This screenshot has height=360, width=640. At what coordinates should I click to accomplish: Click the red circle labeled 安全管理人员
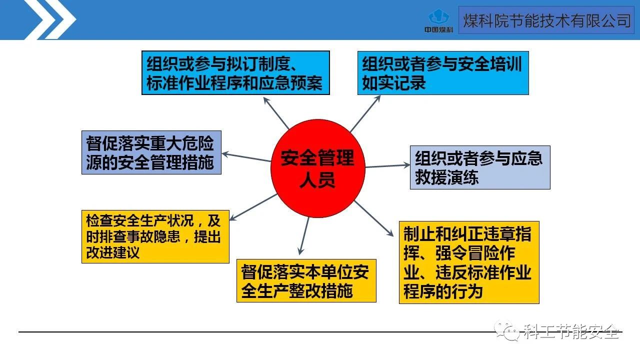pyautogui.click(x=317, y=168)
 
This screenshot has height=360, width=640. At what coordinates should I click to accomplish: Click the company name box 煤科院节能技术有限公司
pyautogui.click(x=546, y=20)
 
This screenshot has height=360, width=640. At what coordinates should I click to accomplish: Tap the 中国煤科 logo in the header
pyautogui.click(x=438, y=21)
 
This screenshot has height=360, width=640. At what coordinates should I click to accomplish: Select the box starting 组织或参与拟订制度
pyautogui.click(x=235, y=72)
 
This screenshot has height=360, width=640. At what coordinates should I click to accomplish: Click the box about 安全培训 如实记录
pyautogui.click(x=443, y=72)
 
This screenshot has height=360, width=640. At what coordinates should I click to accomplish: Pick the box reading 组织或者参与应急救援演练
pyautogui.click(x=479, y=167)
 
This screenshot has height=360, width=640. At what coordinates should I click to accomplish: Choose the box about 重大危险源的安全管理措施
pyautogui.click(x=151, y=152)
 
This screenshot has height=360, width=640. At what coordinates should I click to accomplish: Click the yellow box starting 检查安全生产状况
pyautogui.click(x=155, y=236)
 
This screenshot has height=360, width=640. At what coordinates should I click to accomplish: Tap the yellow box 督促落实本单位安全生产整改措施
pyautogui.click(x=306, y=280)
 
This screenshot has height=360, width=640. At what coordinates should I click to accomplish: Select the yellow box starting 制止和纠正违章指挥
pyautogui.click(x=468, y=262)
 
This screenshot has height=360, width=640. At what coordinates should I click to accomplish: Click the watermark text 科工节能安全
pyautogui.click(x=570, y=331)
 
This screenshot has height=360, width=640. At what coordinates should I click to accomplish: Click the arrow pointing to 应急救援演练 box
pyautogui.click(x=387, y=165)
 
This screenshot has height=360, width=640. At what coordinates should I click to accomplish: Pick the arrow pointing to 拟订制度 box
pyautogui.click(x=276, y=112)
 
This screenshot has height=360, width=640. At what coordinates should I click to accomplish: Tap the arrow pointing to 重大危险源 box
pyautogui.click(x=246, y=157)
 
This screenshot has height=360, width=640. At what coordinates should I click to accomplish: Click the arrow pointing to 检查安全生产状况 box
pyautogui.click(x=252, y=207)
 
